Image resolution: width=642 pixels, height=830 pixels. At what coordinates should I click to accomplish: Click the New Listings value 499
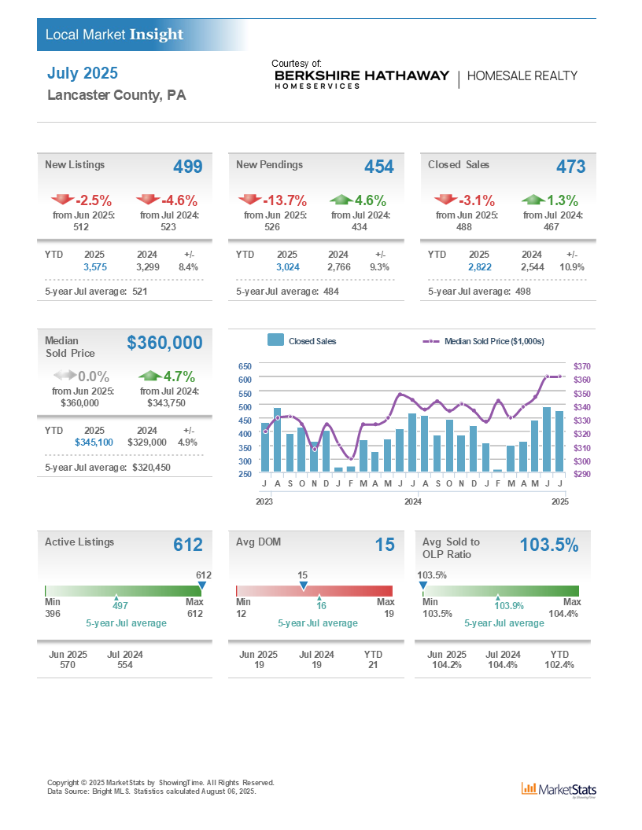pyautogui.click(x=187, y=167)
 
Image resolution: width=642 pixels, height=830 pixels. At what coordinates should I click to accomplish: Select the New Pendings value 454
pyautogui.click(x=379, y=167)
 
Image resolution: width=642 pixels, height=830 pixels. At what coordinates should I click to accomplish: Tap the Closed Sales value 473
pyautogui.click(x=570, y=167)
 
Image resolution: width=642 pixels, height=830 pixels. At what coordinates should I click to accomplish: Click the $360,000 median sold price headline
pyautogui.click(x=164, y=343)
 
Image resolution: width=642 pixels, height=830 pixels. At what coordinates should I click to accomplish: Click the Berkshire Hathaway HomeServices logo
pyautogui.click(x=362, y=78)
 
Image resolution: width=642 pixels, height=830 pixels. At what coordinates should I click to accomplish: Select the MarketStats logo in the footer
pyautogui.click(x=559, y=789)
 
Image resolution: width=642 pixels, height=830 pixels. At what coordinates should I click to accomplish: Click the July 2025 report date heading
pyautogui.click(x=82, y=73)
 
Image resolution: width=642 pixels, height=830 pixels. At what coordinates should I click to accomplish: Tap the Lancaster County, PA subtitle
pyautogui.click(x=116, y=95)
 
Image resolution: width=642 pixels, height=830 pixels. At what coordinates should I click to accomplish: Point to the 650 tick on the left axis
pyautogui.click(x=245, y=366)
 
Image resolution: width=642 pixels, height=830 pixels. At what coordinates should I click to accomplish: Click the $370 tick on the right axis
pyautogui.click(x=582, y=366)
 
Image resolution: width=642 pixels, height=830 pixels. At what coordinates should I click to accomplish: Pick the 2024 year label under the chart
pyautogui.click(x=412, y=501)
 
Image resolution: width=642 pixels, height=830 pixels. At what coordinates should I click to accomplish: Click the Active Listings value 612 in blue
pyautogui.click(x=187, y=545)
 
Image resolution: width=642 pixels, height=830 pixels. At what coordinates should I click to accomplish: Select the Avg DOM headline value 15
pyautogui.click(x=385, y=545)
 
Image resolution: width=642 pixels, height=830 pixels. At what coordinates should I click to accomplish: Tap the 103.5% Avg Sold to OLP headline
pyautogui.click(x=549, y=545)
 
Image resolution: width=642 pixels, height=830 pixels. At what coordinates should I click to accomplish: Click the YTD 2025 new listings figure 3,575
pyautogui.click(x=94, y=267)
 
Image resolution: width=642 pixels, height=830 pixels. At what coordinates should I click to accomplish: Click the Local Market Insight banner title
pyautogui.click(x=114, y=35)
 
